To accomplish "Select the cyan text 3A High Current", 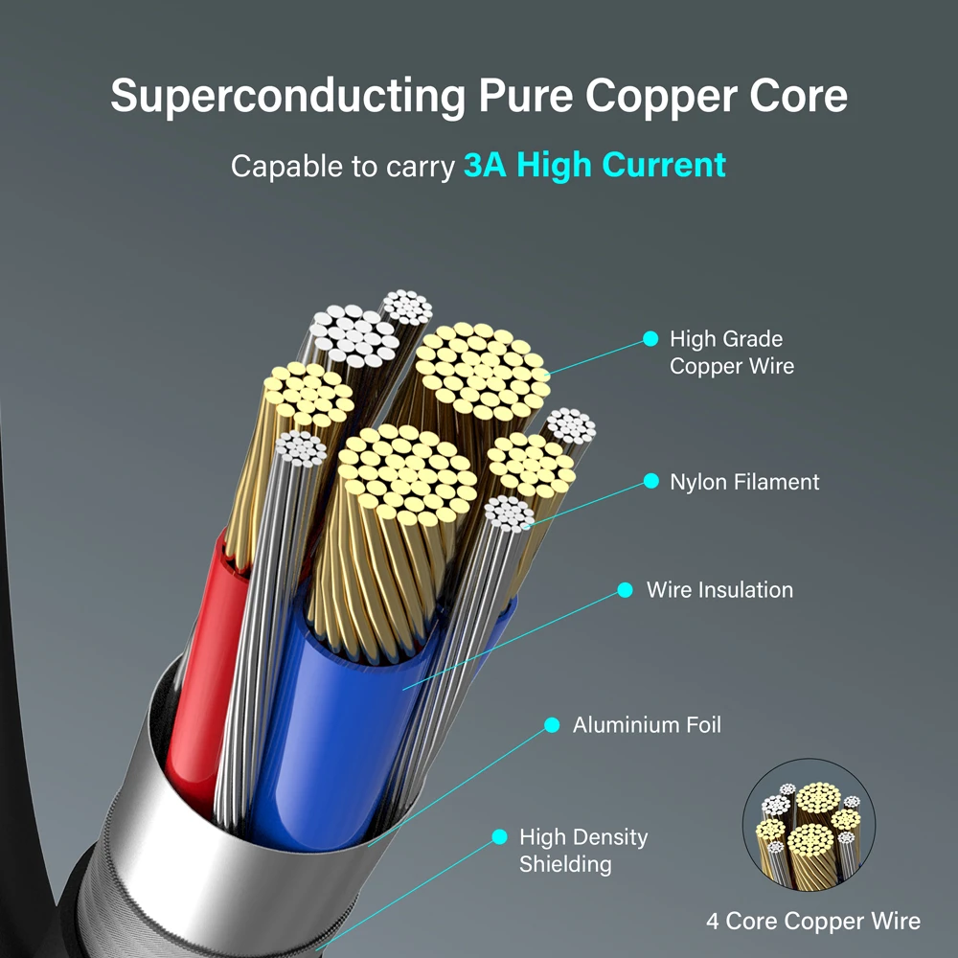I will (x=594, y=165).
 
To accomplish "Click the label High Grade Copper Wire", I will (x=731, y=353).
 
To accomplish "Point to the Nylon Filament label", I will (x=744, y=482).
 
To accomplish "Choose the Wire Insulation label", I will (x=719, y=590).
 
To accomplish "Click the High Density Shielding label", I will (x=583, y=851).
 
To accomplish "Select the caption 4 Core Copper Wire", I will (x=813, y=922).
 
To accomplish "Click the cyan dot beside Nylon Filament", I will (x=651, y=481).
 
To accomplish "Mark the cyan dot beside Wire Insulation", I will (x=625, y=590).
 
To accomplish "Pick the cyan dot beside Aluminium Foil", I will (x=552, y=725).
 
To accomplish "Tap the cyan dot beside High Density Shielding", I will (x=499, y=837).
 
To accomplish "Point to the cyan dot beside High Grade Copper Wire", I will (x=650, y=338).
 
